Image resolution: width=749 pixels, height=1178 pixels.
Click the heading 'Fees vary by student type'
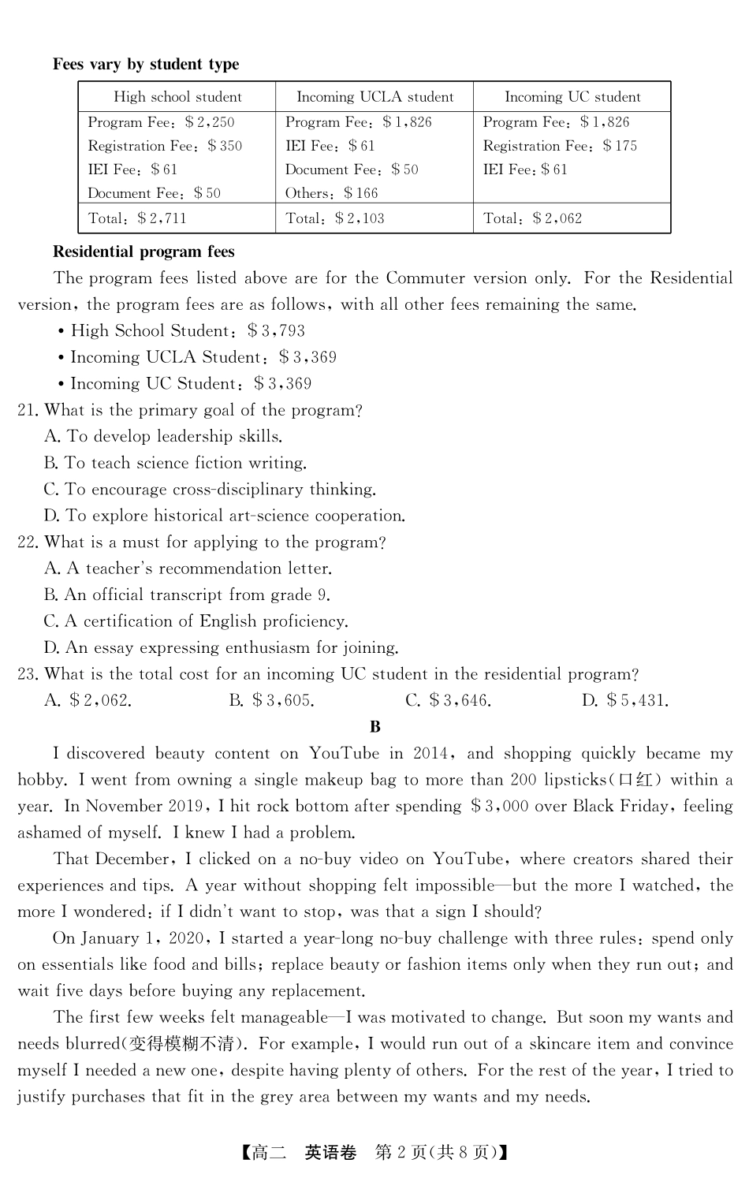[146, 65]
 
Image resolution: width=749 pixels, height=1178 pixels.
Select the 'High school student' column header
[177, 97]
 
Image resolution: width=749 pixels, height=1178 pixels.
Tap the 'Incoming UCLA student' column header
[374, 97]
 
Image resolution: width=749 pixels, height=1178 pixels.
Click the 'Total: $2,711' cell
[137, 218]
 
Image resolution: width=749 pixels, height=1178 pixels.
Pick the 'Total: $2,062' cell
[532, 218]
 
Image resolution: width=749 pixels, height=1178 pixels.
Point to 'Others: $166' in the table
[331, 193]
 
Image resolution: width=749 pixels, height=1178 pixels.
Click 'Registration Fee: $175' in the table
[560, 146]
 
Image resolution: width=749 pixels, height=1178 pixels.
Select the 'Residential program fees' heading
[143, 252]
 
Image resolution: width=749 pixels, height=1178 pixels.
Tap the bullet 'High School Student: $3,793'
[188, 331]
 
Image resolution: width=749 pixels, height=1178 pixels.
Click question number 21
[28, 410]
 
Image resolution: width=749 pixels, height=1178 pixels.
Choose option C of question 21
[210, 490]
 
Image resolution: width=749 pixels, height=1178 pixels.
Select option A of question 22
[188, 568]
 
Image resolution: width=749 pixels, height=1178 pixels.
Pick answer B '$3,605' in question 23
[271, 700]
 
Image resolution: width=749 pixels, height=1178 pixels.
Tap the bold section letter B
[374, 727]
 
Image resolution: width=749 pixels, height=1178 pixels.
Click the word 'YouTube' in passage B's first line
[344, 754]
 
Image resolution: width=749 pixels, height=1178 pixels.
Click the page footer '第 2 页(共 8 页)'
[435, 1152]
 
